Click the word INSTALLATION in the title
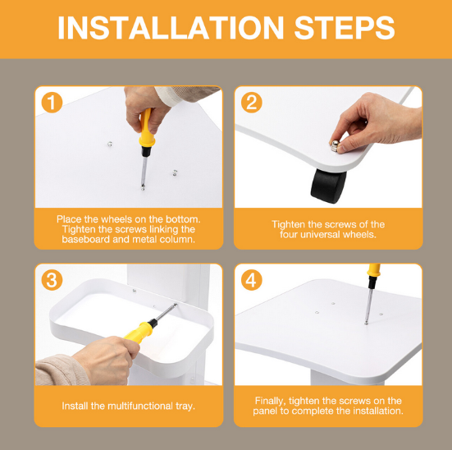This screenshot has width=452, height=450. pos(171,27)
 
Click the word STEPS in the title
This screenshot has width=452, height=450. pos(345,27)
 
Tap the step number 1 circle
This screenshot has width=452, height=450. pos(52,103)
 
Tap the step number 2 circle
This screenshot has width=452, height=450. pos(252,103)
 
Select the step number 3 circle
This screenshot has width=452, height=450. pos(52,280)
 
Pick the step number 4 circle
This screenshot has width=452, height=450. pos(252,280)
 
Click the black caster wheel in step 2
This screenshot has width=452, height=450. pos(329,186)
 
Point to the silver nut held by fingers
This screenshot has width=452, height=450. pos(335,146)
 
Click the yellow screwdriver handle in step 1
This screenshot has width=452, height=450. pos(147,128)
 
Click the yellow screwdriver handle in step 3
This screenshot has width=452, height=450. pos(139,332)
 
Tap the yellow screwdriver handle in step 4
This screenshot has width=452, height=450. pos(373,270)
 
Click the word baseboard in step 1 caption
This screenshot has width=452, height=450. pos(85,239)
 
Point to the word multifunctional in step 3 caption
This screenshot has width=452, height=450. pos(140,406)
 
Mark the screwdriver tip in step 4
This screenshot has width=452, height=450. pos(366,323)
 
